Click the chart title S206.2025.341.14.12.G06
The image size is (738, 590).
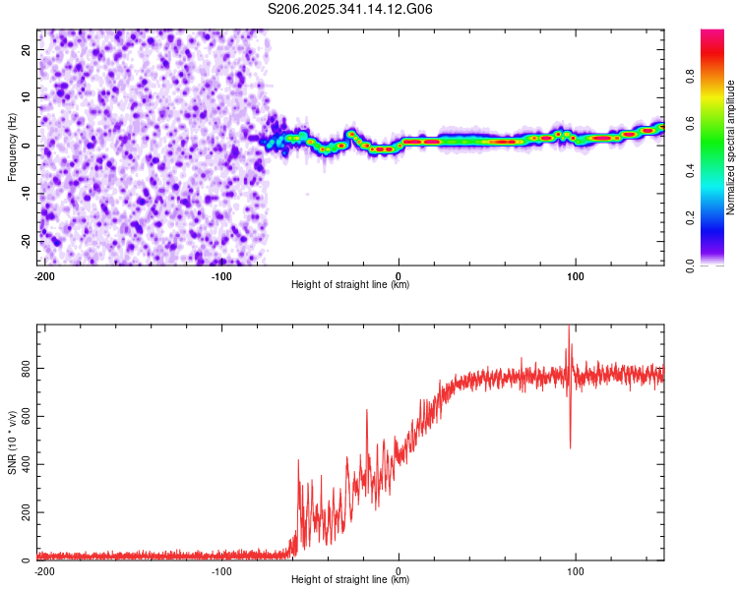[350, 10]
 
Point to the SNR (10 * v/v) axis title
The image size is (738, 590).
[12, 442]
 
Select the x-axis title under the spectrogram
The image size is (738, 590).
[350, 284]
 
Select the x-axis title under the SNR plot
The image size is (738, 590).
[350, 579]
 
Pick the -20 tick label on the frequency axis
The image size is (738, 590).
[24, 241]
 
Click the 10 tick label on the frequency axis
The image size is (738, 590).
[26, 97]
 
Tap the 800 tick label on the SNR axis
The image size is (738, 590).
[22, 368]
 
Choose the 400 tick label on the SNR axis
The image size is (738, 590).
[22, 464]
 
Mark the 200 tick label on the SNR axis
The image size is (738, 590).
[22, 512]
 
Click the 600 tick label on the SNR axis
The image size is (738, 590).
[22, 416]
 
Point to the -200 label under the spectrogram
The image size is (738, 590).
[43, 275]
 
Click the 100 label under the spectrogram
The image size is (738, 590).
[575, 275]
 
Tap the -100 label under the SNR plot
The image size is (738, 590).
[221, 570]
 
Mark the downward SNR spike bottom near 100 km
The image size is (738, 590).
[571, 447]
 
